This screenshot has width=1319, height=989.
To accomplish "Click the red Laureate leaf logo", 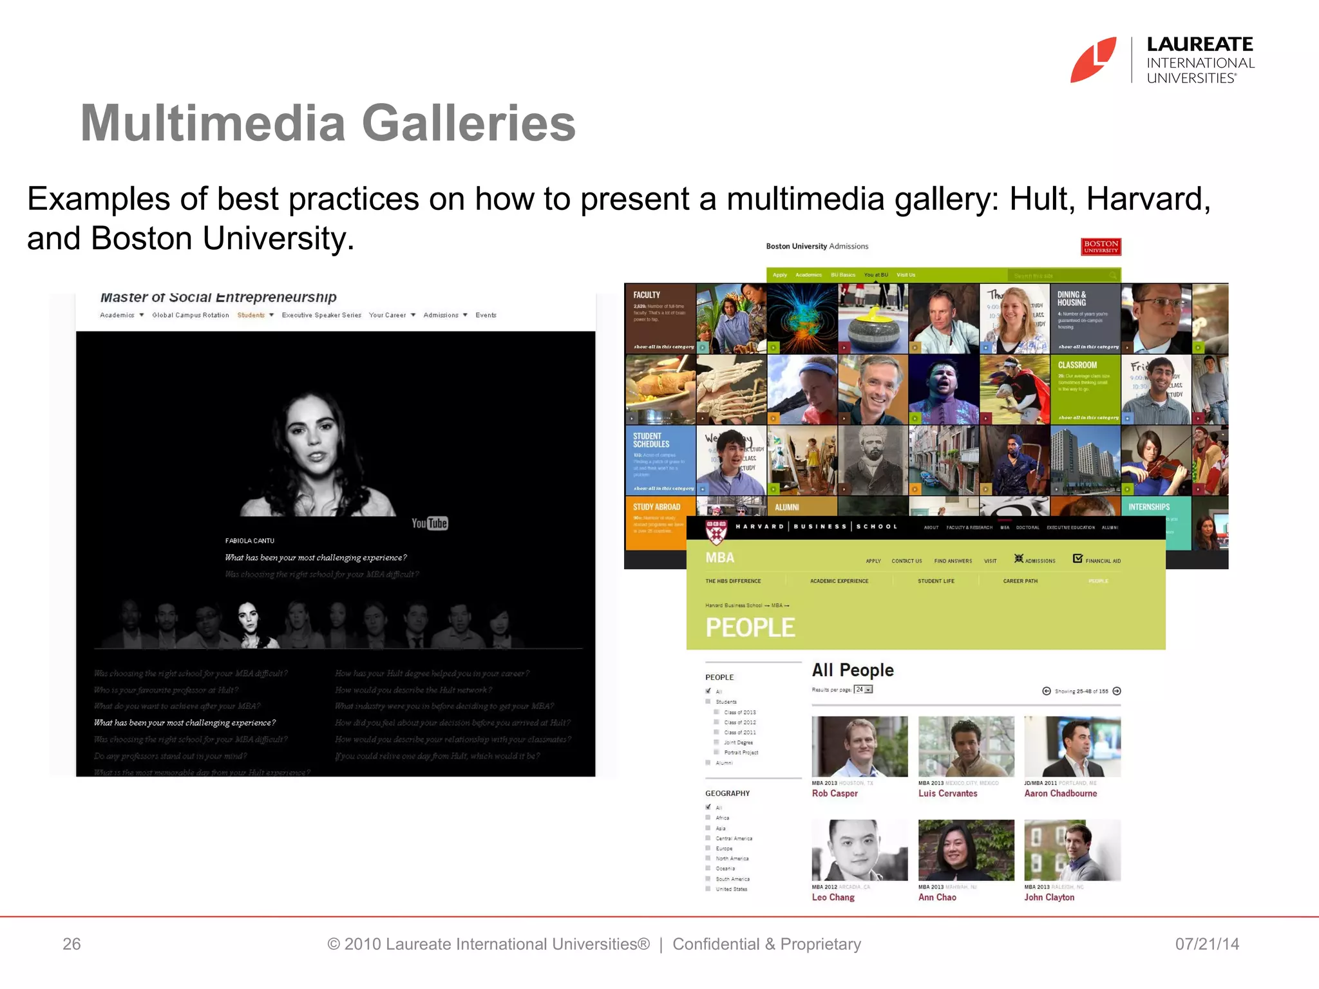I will (1093, 60).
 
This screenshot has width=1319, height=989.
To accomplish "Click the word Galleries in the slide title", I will (468, 123).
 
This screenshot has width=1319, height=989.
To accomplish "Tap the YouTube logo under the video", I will (430, 523).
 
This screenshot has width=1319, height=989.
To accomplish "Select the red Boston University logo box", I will (1101, 247).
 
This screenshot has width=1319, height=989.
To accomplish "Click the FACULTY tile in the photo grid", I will (660, 318).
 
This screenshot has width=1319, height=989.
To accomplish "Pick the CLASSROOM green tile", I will (1085, 389).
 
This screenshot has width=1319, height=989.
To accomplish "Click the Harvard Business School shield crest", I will (716, 532).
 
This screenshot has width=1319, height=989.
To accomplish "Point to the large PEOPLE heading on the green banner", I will (750, 627).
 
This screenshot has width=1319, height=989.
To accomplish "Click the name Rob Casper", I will (835, 793).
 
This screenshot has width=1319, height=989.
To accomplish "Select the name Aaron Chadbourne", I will (1060, 793).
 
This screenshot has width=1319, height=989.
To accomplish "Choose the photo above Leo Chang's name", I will (859, 850).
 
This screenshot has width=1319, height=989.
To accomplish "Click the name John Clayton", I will (1049, 897).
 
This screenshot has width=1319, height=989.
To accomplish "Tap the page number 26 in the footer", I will (71, 944).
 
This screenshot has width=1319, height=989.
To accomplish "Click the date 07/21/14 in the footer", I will (1207, 944).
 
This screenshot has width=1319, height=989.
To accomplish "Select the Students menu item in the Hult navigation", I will (251, 315).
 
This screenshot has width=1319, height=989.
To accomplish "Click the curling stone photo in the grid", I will (873, 319).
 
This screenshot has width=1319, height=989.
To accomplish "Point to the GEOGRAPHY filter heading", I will (727, 793).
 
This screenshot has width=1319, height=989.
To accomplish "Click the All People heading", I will (853, 670).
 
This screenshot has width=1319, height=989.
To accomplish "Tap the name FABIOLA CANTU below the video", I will (250, 541).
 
